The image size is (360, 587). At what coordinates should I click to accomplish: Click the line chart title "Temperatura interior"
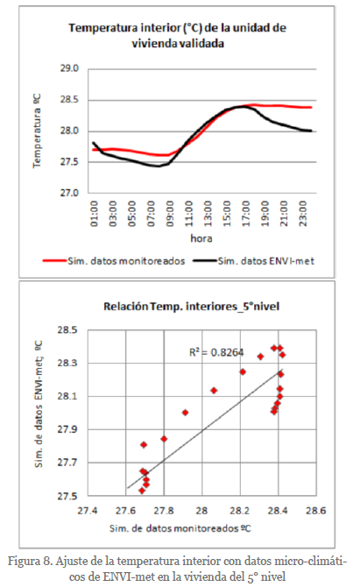coord(178,36)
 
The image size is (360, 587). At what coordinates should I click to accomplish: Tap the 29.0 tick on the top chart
coord(69,68)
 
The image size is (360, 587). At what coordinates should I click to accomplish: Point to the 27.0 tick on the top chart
coord(69,193)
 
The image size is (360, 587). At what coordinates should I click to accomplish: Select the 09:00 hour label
coord(170,214)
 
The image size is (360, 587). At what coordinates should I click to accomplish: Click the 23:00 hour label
coord(303,214)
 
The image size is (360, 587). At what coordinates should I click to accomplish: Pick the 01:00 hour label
coord(94,214)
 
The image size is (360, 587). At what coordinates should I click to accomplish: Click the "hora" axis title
coord(201,238)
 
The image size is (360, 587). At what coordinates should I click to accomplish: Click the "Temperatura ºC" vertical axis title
coord(37,131)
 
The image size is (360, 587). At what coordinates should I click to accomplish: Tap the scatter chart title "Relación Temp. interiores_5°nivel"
coord(192,307)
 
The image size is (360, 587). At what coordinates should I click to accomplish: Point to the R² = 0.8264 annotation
coord(216,352)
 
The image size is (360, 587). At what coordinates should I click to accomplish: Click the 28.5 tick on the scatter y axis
coord(67,329)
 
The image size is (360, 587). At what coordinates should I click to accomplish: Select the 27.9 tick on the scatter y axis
coord(67,429)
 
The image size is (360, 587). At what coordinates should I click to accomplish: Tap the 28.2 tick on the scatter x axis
coord(239,511)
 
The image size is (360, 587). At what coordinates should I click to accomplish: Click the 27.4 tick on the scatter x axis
coord(88,511)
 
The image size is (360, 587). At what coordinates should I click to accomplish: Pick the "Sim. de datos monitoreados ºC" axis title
coord(180,528)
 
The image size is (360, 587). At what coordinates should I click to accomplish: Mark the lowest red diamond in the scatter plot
coord(142,491)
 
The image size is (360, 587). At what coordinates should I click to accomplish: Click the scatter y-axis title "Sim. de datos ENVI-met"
coord(39,404)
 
